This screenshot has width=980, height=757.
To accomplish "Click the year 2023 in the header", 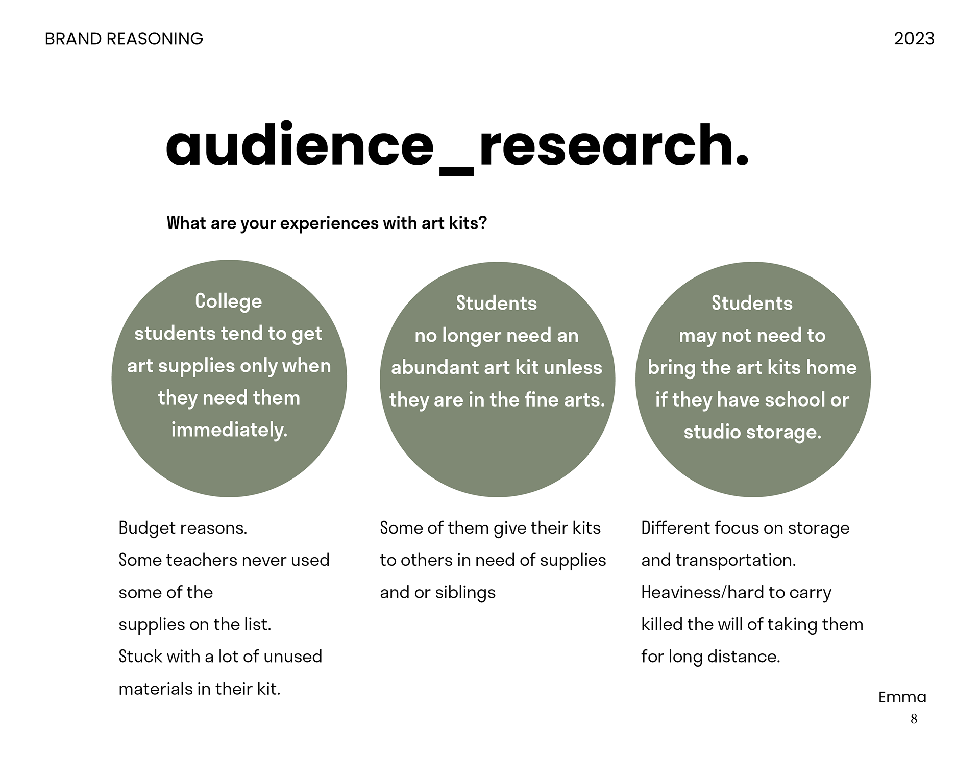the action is (x=914, y=39).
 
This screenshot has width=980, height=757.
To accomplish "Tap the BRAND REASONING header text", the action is (x=124, y=39).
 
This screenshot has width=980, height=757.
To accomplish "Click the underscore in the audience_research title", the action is (x=456, y=173).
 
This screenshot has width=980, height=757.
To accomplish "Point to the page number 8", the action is (x=914, y=719).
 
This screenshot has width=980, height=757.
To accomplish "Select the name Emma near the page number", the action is (x=902, y=697).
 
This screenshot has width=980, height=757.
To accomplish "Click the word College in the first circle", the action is (x=228, y=301).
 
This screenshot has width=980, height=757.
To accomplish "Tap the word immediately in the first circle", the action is (x=229, y=430).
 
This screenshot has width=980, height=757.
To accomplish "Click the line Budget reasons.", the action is (x=183, y=528).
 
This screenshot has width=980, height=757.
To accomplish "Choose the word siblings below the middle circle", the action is (x=465, y=592).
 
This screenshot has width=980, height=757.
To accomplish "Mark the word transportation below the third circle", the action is (x=736, y=560).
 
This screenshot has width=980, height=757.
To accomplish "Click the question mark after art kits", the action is (x=483, y=223).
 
